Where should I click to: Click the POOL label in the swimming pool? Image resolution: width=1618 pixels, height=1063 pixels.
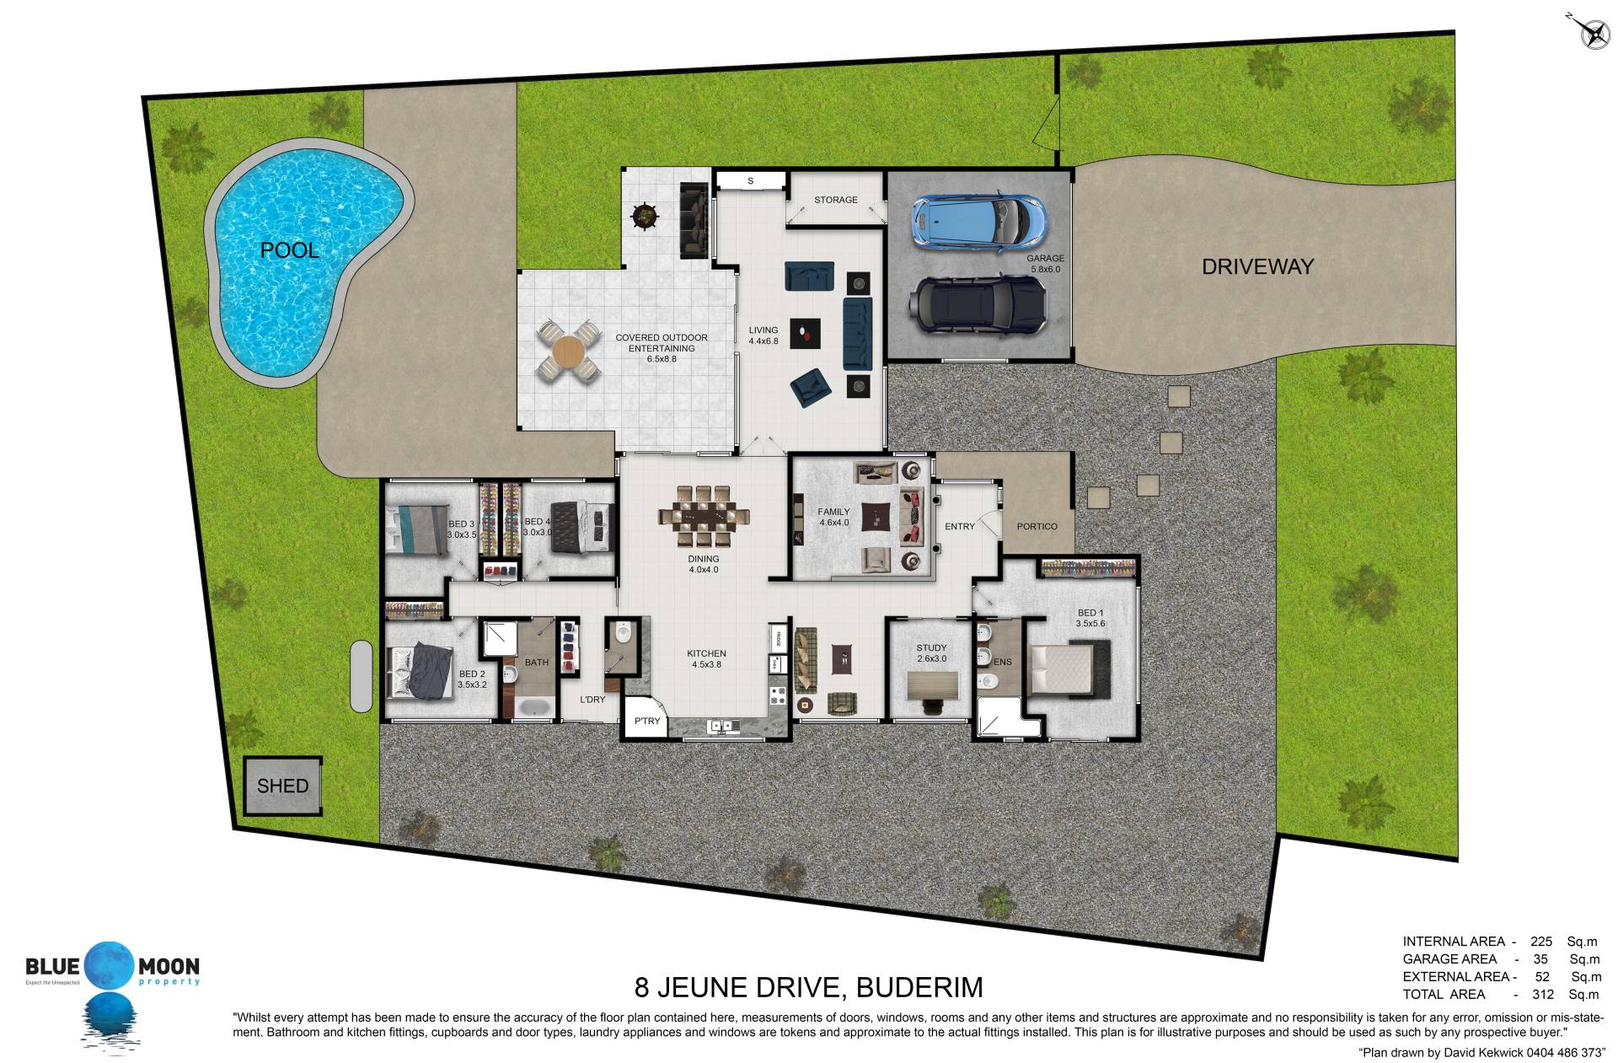click(x=289, y=250)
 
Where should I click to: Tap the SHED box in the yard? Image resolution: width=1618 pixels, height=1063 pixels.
click(x=283, y=786)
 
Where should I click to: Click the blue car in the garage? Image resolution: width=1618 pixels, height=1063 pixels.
click(x=978, y=222)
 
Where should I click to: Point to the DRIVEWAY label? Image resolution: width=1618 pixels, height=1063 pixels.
click(x=1257, y=266)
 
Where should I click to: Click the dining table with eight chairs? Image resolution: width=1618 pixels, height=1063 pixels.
click(x=704, y=516)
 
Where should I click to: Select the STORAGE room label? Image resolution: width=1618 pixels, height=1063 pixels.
click(x=836, y=200)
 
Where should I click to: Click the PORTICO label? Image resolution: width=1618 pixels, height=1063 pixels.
click(x=1037, y=527)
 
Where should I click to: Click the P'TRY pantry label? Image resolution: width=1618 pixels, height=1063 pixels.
click(x=647, y=721)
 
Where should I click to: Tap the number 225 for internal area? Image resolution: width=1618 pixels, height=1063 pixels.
click(x=1541, y=942)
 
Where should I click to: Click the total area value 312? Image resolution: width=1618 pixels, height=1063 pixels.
click(x=1543, y=994)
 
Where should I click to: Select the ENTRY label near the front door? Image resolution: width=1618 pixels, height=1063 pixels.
click(x=960, y=527)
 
